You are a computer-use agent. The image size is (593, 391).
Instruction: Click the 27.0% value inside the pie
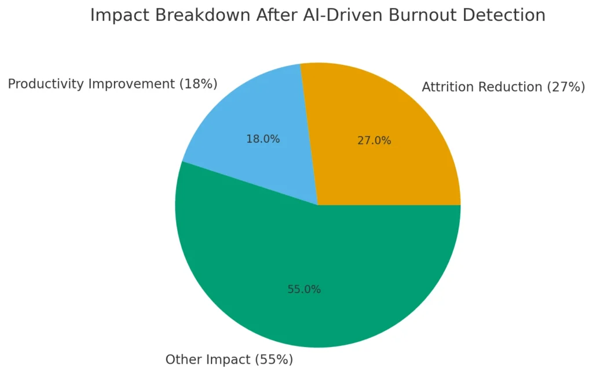374,141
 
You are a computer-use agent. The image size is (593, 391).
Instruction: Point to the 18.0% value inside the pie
263,139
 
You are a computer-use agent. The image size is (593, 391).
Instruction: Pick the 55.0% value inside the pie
304,289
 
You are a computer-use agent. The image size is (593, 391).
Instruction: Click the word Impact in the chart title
116,16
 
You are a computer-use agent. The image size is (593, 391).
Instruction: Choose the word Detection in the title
504,16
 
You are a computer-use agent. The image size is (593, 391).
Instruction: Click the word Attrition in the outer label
445,87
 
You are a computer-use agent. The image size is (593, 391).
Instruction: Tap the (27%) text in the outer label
565,87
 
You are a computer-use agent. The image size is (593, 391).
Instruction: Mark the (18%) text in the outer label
198,84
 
